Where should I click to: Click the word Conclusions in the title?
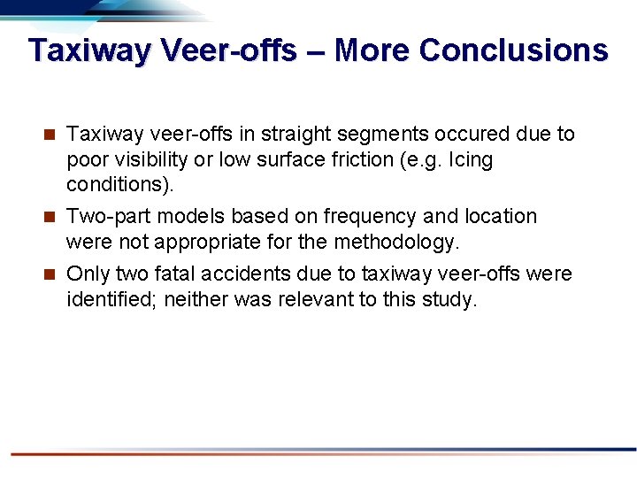(513, 50)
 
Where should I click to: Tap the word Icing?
(470, 160)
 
